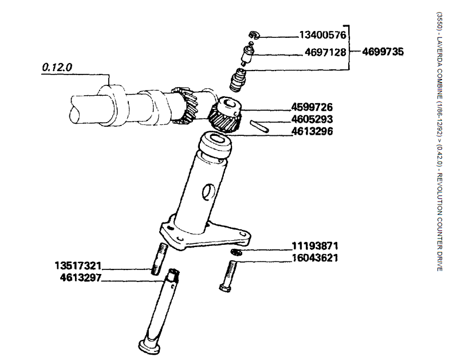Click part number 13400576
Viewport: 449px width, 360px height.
tap(322, 35)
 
